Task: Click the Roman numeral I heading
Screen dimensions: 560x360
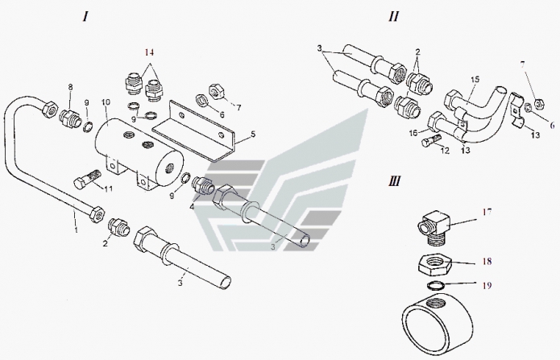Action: tap(85, 16)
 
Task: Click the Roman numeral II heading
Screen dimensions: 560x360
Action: tap(393, 16)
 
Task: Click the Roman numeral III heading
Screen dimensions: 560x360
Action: tap(394, 181)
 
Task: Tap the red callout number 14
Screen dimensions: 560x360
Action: tap(149, 52)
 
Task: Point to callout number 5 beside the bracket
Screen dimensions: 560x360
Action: tap(253, 134)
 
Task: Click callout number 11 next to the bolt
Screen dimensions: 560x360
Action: tap(108, 188)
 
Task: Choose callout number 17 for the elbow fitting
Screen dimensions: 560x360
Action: tap(487, 212)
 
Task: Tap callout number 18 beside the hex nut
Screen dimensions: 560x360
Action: tap(487, 262)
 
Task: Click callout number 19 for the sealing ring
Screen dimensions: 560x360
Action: tap(487, 285)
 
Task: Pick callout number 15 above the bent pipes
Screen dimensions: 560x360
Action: tap(475, 80)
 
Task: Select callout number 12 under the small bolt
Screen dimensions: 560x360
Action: tap(445, 151)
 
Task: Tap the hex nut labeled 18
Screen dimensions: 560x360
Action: tap(434, 265)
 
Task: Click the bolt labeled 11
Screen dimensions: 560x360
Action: tap(88, 178)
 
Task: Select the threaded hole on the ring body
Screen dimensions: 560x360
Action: tap(438, 304)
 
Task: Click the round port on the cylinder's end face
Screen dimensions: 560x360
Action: tap(169, 168)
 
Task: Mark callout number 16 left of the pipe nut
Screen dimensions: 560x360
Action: tap(413, 133)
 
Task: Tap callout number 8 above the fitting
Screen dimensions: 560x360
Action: tap(70, 87)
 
